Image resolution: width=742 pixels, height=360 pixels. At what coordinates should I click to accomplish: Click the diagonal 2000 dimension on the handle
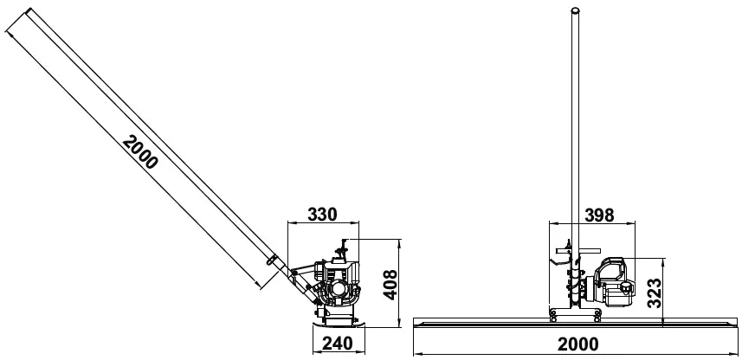(x=140, y=152)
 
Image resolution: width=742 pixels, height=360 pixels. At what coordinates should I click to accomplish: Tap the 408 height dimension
(x=390, y=282)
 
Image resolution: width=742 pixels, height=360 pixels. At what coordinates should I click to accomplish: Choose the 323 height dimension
(x=657, y=292)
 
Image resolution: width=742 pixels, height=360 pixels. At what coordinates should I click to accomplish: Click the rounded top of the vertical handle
(x=573, y=11)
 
